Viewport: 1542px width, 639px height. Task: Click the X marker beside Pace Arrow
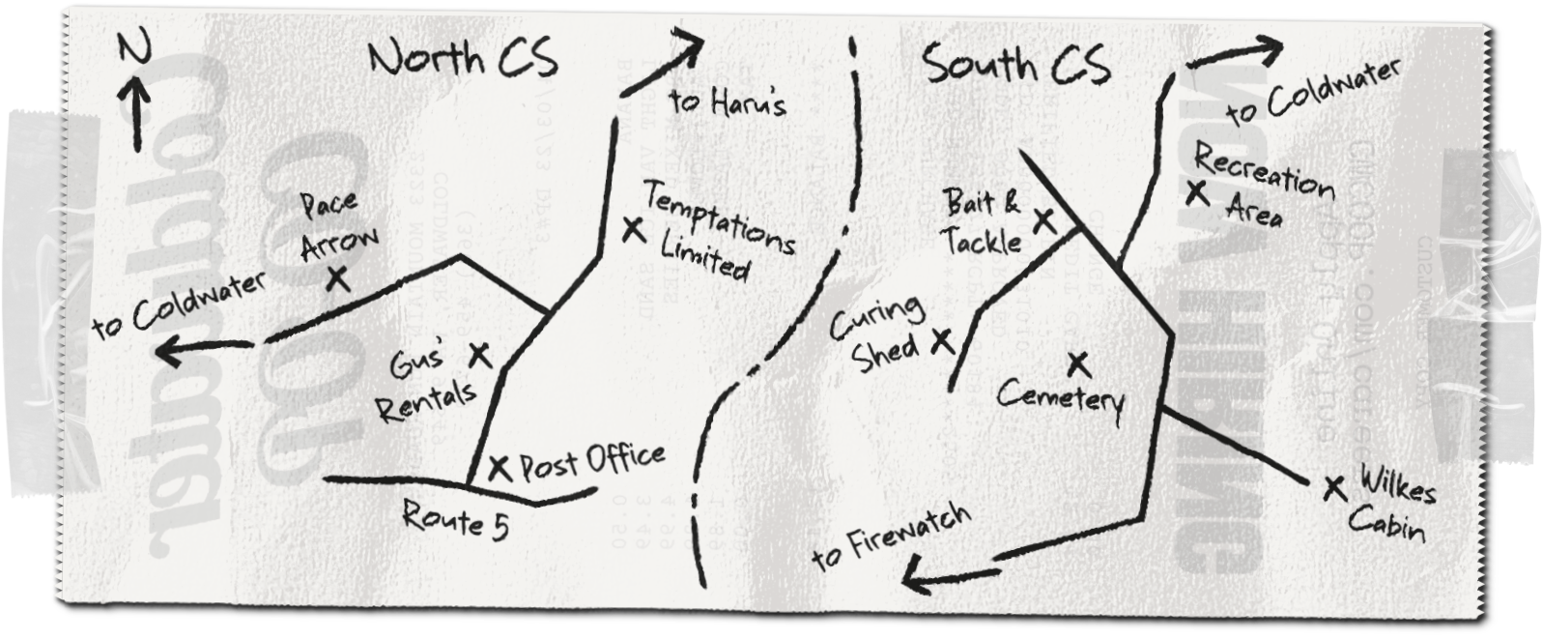click(337, 278)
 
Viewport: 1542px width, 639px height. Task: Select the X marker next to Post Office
click(499, 469)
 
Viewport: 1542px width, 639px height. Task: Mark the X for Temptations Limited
click(633, 230)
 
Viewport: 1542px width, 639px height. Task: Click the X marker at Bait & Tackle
click(1043, 220)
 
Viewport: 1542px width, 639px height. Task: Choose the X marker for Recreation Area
click(1197, 192)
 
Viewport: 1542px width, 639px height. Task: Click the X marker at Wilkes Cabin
click(1335, 488)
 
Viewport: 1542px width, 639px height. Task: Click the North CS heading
click(463, 60)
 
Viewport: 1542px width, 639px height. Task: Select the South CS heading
click(1015, 66)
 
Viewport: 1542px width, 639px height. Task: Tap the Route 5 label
click(455, 522)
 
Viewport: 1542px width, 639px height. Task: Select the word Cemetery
click(1060, 396)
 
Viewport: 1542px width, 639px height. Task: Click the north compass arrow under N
click(134, 108)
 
